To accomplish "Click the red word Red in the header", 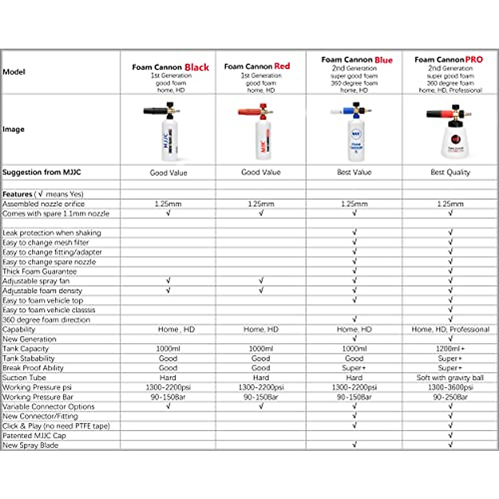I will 282,66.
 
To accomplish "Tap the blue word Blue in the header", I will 383,60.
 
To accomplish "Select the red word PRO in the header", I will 474,60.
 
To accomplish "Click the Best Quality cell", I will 450,172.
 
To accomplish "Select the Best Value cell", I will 354,172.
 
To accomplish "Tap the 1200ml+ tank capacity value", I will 450,349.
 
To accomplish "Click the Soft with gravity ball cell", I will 450,378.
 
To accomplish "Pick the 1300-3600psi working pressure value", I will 450,387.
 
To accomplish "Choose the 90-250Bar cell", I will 450,397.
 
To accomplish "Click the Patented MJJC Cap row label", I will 34,435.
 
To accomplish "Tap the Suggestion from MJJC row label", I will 42,172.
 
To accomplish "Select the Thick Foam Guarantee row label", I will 40,272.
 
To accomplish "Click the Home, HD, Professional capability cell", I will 450,329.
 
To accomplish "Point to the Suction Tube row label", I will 24,378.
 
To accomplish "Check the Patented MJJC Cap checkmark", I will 450,435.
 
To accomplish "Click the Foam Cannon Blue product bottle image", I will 356,135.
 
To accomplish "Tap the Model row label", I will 14,72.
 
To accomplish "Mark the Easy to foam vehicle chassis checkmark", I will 450,310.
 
